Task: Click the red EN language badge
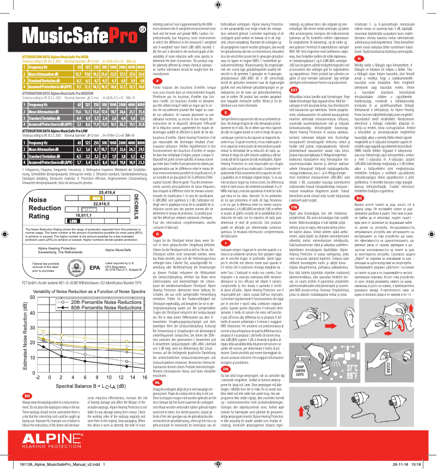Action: (11, 394)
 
